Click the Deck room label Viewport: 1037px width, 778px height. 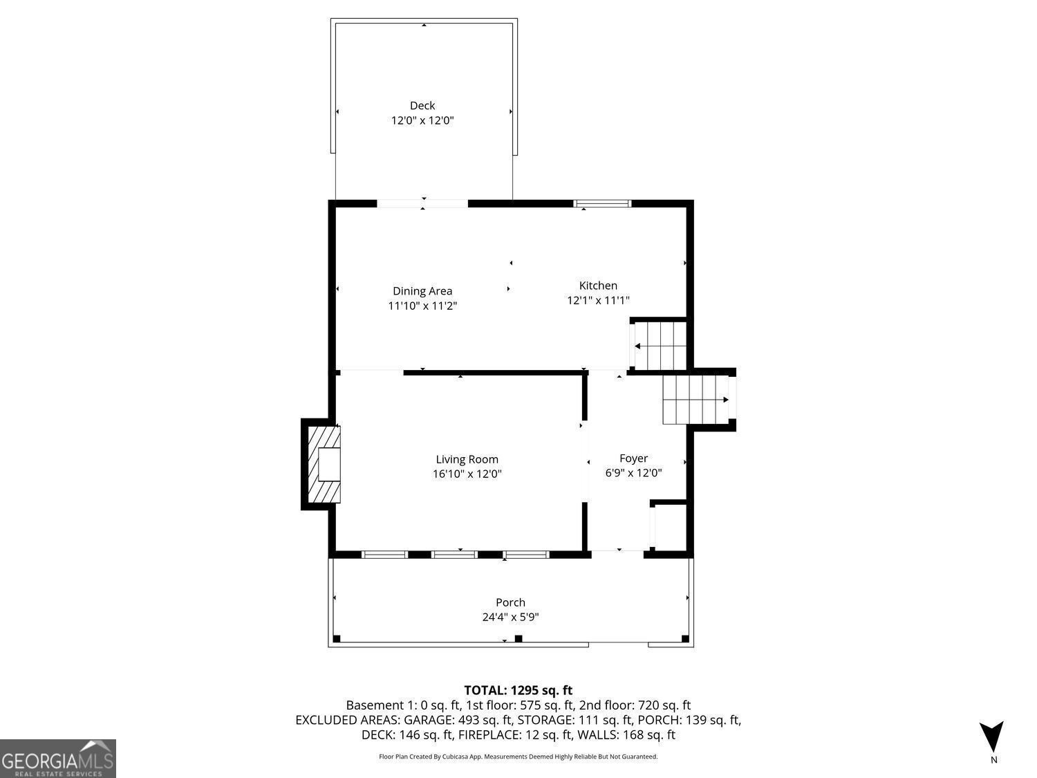(422, 106)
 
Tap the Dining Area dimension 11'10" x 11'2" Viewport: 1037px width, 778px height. (422, 306)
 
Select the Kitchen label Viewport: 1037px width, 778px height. (598, 286)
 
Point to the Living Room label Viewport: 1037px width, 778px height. (467, 459)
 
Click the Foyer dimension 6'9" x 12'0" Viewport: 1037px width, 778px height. (633, 473)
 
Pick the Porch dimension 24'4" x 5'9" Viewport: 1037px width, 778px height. (510, 618)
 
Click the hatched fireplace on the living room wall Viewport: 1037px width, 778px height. (322, 464)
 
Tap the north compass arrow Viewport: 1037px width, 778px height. (991, 737)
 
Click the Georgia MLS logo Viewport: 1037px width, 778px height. (58, 759)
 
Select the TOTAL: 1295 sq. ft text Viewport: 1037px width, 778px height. (518, 690)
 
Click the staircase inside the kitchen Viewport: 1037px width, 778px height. (660, 345)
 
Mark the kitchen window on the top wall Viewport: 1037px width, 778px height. (603, 203)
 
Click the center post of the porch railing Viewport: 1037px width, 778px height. (518, 638)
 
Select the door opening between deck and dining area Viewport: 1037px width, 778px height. (422, 203)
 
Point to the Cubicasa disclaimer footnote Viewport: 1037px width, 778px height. (518, 757)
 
